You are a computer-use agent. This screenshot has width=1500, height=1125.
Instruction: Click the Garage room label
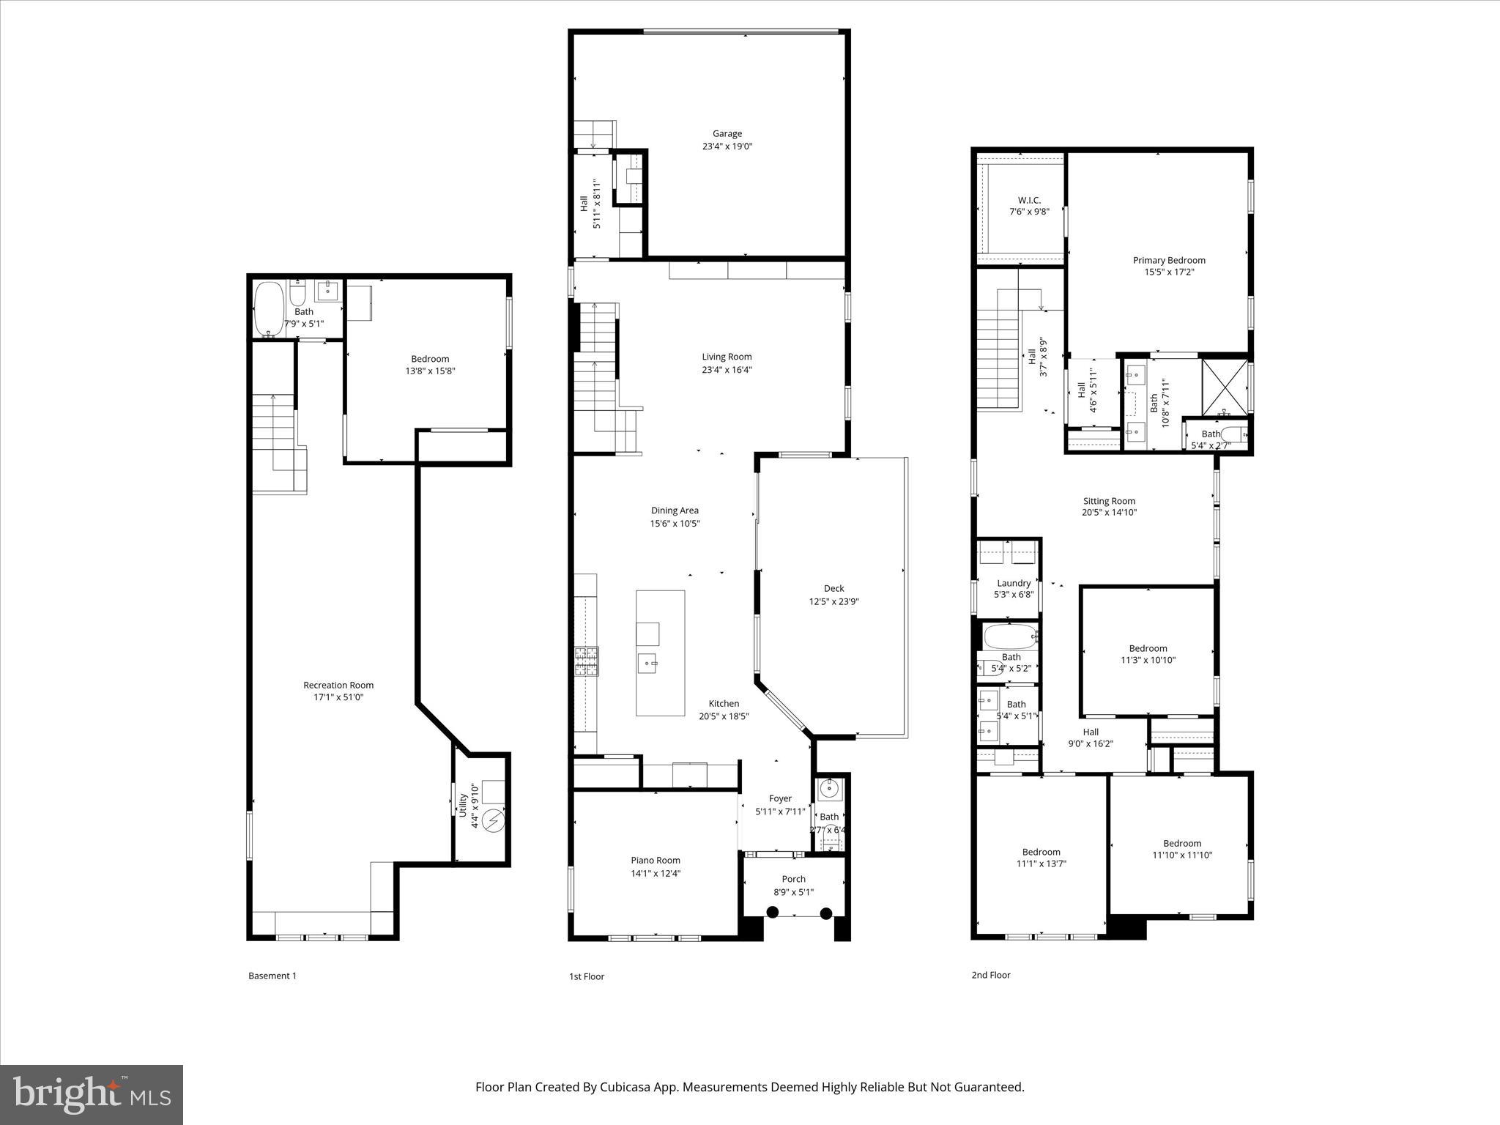(x=727, y=134)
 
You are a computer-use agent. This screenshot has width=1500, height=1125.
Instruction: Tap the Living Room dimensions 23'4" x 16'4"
(x=727, y=370)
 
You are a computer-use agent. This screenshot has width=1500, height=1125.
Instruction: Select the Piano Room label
(x=656, y=861)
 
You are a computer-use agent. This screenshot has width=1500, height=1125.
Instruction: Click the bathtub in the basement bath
(x=268, y=308)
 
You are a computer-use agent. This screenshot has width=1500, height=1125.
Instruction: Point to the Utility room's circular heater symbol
(x=494, y=820)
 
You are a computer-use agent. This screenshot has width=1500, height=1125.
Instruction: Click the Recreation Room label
(x=338, y=686)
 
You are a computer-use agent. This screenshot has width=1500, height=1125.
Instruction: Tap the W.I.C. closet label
(x=1029, y=201)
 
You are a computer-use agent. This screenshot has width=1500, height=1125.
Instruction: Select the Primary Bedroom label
(x=1169, y=261)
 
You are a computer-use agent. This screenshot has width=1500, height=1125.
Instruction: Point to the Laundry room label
(x=1014, y=584)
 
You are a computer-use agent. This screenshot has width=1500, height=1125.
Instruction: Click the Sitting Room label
(x=1109, y=502)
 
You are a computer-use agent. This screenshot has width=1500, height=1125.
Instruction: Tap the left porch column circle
(x=772, y=912)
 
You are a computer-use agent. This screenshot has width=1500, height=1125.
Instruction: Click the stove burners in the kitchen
(x=586, y=661)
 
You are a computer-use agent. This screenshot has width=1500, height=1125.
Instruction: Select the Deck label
(x=833, y=589)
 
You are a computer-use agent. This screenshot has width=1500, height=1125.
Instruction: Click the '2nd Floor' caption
(x=990, y=975)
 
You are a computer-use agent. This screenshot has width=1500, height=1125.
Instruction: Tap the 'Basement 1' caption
(x=272, y=976)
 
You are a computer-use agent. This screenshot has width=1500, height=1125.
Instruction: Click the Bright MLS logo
(x=92, y=1094)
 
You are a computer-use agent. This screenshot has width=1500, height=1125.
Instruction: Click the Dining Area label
(x=675, y=511)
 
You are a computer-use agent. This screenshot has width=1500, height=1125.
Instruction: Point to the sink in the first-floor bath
(x=829, y=790)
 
